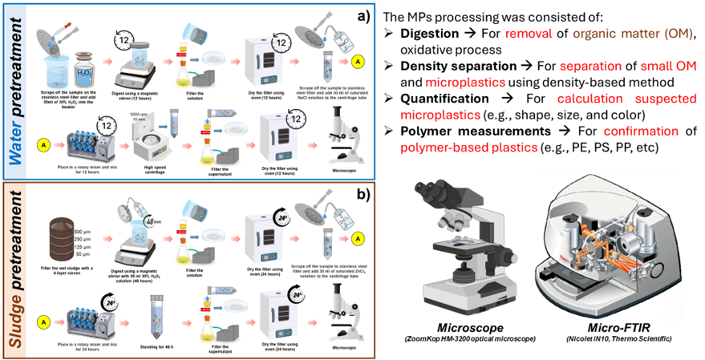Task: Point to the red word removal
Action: (529, 34)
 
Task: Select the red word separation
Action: (590, 66)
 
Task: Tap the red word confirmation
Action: (641, 131)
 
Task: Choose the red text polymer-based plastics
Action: (468, 148)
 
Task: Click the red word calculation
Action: (590, 99)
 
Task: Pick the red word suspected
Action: (666, 99)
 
